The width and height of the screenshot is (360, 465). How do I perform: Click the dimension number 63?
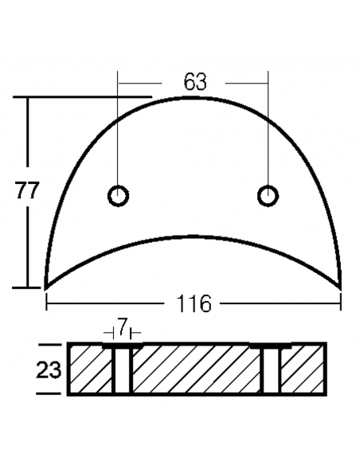click(x=194, y=81)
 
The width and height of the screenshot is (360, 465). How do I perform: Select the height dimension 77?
click(x=27, y=192)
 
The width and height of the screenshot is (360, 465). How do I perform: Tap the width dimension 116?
click(x=194, y=303)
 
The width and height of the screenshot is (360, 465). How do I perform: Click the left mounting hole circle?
click(x=119, y=195)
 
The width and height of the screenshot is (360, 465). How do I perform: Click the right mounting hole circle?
click(x=268, y=195)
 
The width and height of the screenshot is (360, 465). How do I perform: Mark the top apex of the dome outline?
click(x=194, y=97)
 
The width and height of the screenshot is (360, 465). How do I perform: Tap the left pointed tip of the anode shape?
click(x=45, y=287)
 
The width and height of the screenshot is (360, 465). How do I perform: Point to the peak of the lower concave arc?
click(x=194, y=236)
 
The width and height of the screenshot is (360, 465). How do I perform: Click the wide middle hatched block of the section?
click(x=196, y=369)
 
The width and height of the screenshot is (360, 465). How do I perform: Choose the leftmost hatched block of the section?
click(x=91, y=369)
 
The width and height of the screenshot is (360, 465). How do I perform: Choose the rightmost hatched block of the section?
click(x=303, y=369)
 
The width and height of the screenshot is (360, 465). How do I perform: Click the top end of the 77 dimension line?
click(x=29, y=98)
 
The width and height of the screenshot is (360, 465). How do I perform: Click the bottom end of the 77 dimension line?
click(x=29, y=287)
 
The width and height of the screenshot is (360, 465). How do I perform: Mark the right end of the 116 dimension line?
click(x=341, y=303)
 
